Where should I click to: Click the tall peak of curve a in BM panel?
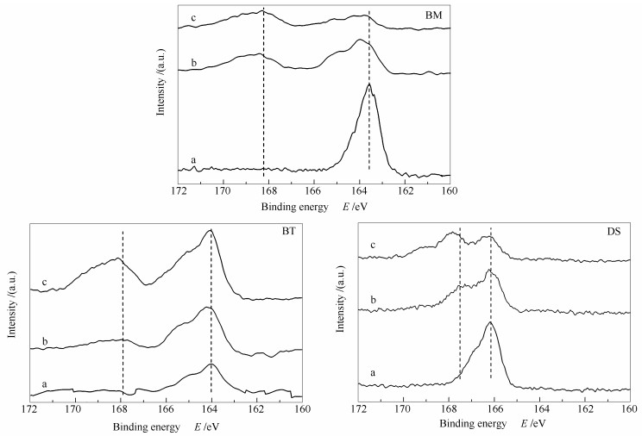pyautogui.click(x=369, y=84)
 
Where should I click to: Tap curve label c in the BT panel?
pyautogui.click(x=44, y=281)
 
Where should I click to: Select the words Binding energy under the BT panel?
pyautogui.click(x=146, y=427)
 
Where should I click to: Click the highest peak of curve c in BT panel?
pyautogui.click(x=210, y=230)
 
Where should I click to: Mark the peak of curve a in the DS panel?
pyautogui.click(x=490, y=322)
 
